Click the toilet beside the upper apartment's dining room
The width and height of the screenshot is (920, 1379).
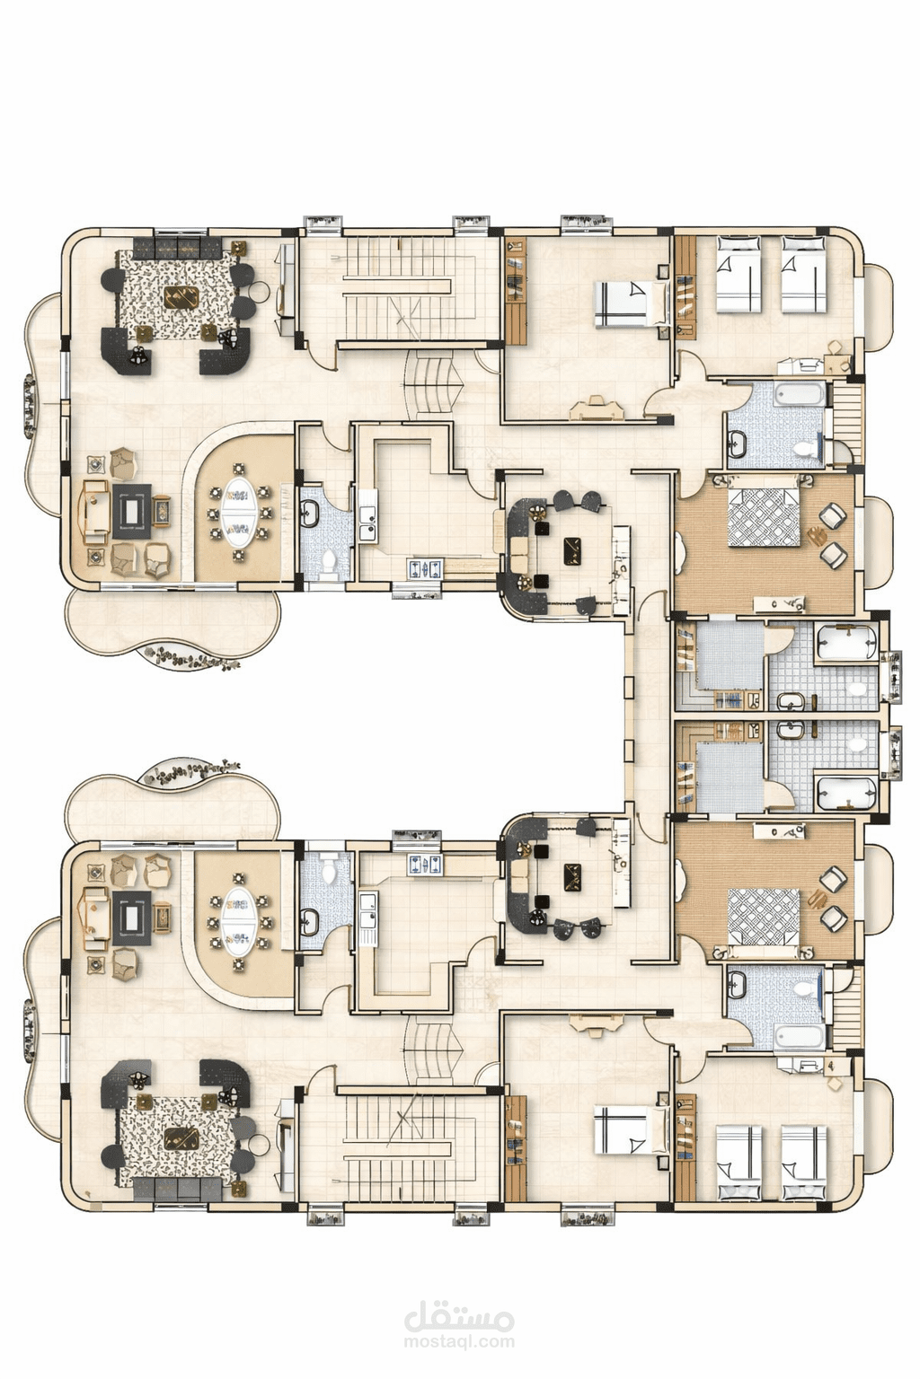click(329, 560)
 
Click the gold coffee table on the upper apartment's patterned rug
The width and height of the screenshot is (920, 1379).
click(181, 297)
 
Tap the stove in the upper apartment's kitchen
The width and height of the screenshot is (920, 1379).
click(426, 568)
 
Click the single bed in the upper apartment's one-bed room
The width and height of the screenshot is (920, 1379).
click(631, 303)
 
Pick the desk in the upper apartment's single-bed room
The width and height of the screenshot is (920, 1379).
click(597, 408)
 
